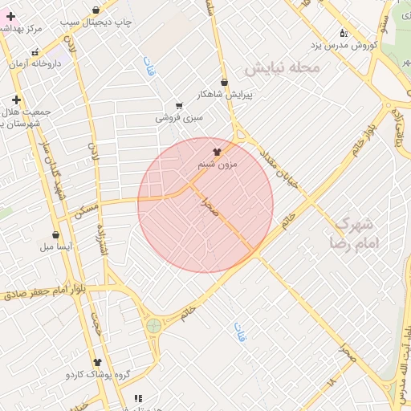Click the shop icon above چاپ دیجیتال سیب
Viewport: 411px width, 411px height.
tap(97, 10)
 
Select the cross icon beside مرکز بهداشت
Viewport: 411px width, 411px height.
tap(10, 16)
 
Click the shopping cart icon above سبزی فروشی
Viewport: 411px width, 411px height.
tap(179, 106)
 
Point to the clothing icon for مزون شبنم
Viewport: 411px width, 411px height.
tap(217, 151)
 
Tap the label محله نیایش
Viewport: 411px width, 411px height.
tap(282, 68)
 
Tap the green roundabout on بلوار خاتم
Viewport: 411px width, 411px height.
tap(153, 325)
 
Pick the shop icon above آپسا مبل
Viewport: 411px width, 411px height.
tap(55, 235)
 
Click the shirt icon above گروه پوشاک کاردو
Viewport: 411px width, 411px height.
tap(97, 363)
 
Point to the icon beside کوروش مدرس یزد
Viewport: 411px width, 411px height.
tap(344, 33)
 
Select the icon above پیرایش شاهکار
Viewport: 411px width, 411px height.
tap(224, 82)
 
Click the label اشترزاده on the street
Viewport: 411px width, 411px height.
tap(102, 239)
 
